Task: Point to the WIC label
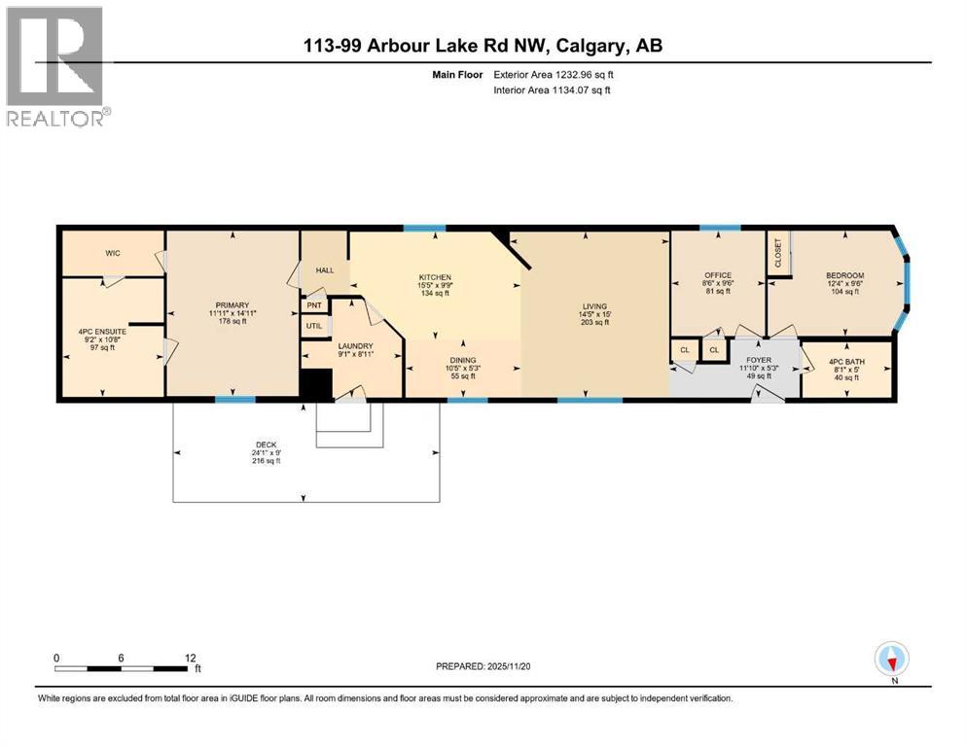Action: pos(112,254)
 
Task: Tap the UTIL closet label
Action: pos(314,326)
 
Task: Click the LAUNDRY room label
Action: pos(355,345)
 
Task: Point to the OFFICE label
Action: pos(718,275)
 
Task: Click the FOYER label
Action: pos(758,360)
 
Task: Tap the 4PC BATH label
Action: pos(844,362)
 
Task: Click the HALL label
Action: pos(324,269)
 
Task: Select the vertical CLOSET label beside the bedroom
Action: pos(778,253)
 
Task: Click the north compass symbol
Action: pos(892,660)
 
